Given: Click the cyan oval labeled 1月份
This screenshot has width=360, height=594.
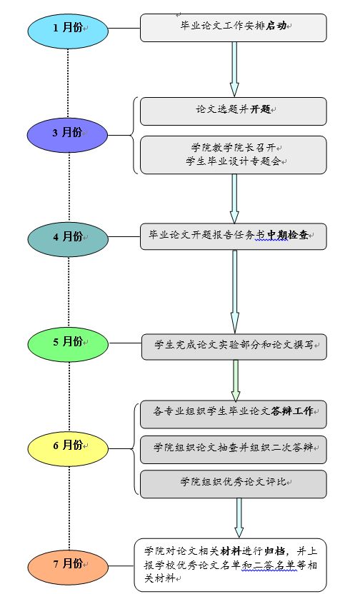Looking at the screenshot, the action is [68, 31].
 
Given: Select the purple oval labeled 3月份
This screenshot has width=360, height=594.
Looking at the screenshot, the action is [67, 135].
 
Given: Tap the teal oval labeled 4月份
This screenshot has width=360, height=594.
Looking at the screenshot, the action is [68, 239].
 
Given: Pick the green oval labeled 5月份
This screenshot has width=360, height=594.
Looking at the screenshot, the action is [68, 344].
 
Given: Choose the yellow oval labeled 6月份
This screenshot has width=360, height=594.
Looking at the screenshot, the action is [68, 448].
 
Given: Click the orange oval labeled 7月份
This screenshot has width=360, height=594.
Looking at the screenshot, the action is [68, 567].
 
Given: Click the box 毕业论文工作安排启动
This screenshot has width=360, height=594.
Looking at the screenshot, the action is [234, 28].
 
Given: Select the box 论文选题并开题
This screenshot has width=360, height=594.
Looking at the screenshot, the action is [234, 111].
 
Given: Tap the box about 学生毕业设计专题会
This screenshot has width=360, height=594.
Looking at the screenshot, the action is [234, 155].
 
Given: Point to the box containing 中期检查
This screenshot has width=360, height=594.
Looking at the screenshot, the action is [234, 236].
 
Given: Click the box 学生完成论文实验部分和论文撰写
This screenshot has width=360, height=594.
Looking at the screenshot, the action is [234, 347].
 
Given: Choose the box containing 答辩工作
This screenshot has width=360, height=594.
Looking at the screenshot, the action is [234, 414].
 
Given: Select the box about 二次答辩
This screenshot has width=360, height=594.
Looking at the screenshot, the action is [234, 450].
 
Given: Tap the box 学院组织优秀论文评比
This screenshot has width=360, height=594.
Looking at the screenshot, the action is [234, 484].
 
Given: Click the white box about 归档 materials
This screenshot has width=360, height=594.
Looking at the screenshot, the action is [231, 565].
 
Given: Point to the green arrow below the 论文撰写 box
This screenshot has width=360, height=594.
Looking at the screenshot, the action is [236, 381].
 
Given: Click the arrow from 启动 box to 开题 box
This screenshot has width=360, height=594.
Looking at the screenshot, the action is [234, 69].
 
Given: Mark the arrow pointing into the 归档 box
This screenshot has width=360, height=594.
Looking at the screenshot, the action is [239, 518].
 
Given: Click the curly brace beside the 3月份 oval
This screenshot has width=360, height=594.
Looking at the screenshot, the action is [134, 135].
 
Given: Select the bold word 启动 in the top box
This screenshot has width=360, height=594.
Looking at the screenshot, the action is [276, 26].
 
